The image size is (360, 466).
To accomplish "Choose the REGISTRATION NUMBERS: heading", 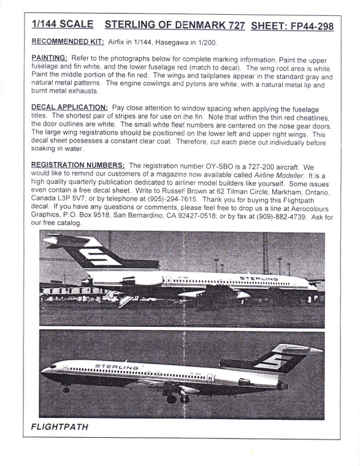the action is (x=78, y=166).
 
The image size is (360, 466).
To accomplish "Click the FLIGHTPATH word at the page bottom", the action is (x=59, y=427).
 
